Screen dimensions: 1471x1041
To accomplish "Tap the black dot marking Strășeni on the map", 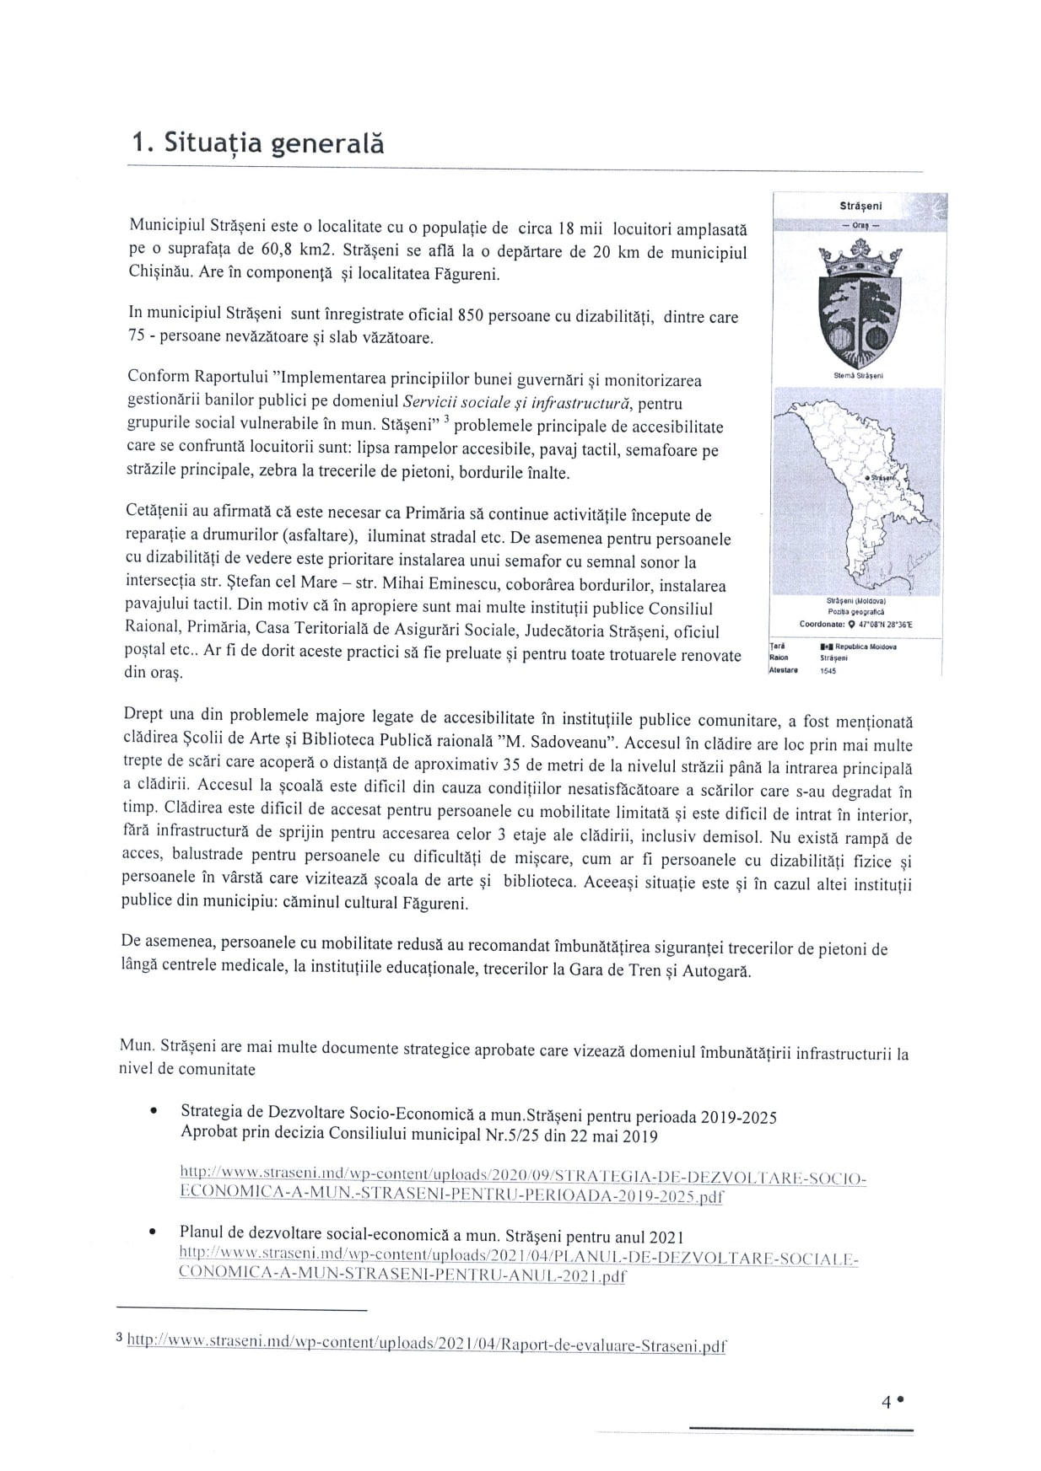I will pyautogui.click(x=868, y=478).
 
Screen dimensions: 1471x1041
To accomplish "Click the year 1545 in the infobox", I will pyautogui.click(x=828, y=671).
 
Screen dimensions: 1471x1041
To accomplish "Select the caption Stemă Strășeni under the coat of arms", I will pyautogui.click(x=858, y=376).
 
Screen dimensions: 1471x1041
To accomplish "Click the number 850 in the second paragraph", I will pyautogui.click(x=470, y=316).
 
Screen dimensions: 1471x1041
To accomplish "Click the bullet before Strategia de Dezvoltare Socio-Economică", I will pyautogui.click(x=153, y=1112).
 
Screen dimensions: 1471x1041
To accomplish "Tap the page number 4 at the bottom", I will pyautogui.click(x=886, y=1402).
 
